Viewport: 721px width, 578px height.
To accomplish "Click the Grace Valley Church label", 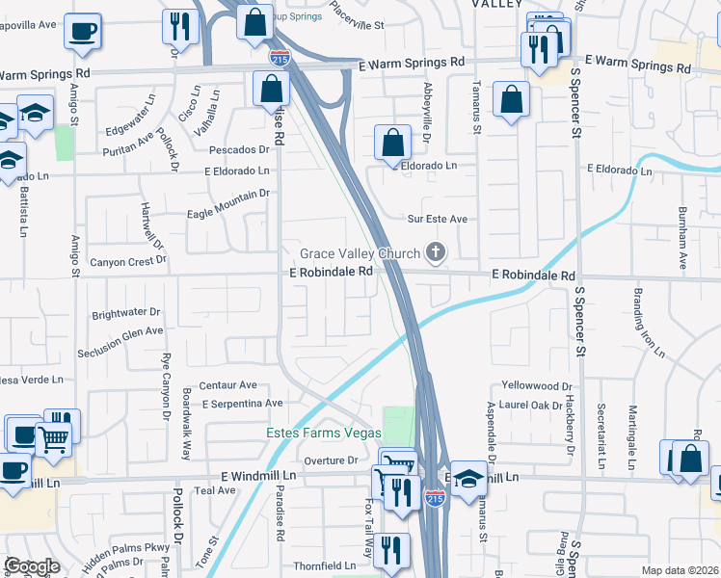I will pyautogui.click(x=360, y=253).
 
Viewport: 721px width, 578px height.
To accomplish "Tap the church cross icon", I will pyautogui.click(x=436, y=253).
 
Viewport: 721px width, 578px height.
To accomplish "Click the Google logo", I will pyautogui.click(x=31, y=566).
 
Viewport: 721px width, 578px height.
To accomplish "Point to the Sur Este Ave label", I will pyautogui.click(x=437, y=220).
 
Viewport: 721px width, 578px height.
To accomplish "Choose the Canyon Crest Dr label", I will pyautogui.click(x=128, y=261).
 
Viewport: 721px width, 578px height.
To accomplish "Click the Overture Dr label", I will pyautogui.click(x=332, y=460).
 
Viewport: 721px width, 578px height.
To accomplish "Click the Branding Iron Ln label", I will pyautogui.click(x=648, y=322).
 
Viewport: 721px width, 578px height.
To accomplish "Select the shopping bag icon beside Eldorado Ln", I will pyautogui.click(x=392, y=144).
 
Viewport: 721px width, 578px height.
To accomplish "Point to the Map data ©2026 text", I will pyautogui.click(x=680, y=570).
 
